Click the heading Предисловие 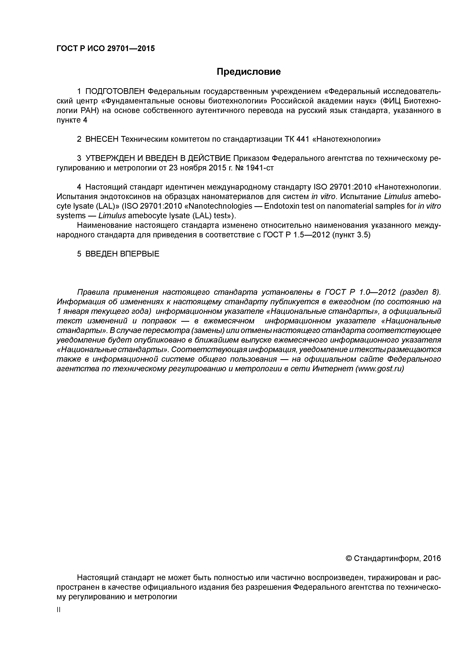(x=248, y=72)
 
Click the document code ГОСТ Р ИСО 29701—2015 (x=105, y=48)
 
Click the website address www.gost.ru (x=380, y=369)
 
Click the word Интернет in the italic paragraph (x=333, y=369)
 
